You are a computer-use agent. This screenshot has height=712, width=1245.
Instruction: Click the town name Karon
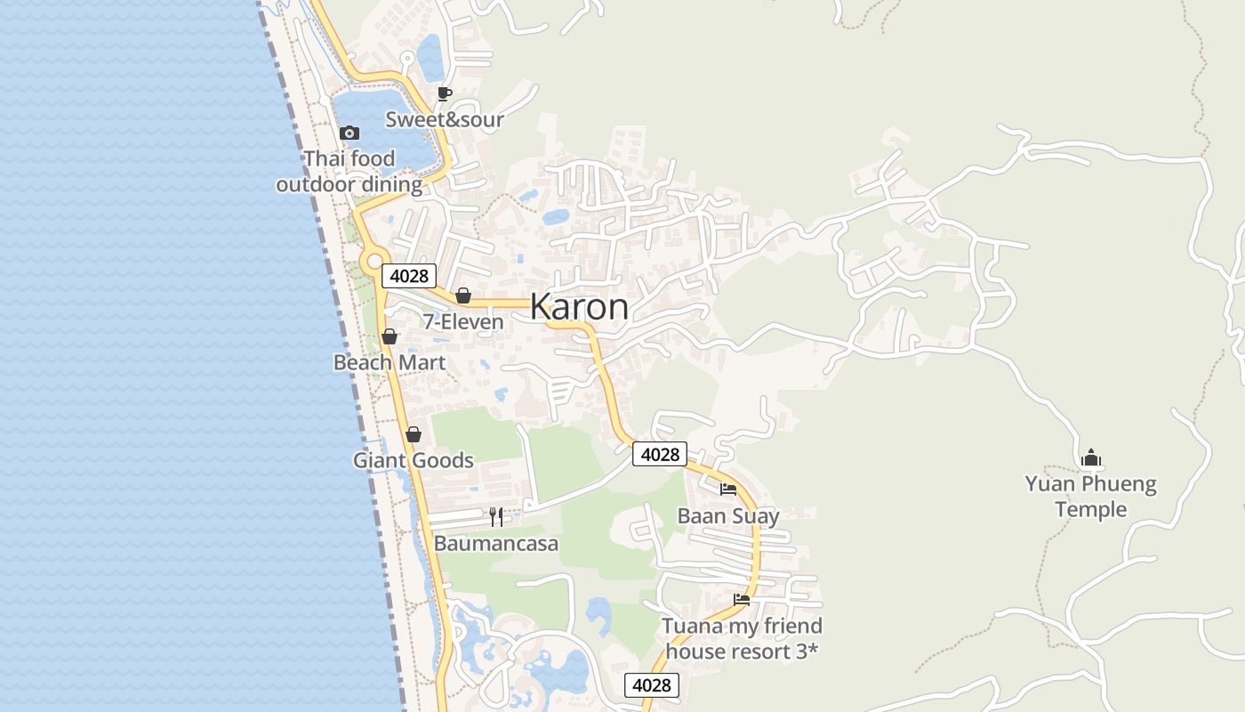[x=579, y=307]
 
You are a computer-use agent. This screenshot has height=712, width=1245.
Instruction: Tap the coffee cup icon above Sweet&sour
[x=445, y=93]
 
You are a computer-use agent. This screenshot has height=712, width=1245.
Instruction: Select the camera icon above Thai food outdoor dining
[x=349, y=133]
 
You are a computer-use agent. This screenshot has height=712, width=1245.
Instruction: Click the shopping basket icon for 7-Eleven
[x=463, y=295]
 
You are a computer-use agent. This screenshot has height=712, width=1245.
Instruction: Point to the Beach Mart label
[x=390, y=362]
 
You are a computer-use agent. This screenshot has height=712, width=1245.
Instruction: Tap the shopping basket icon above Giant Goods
[x=414, y=434]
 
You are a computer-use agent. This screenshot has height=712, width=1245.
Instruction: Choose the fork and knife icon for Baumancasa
[x=496, y=516]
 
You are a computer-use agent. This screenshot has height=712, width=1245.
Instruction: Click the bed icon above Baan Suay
[x=728, y=489]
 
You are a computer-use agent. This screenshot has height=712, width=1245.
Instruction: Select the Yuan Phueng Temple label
[x=1090, y=497]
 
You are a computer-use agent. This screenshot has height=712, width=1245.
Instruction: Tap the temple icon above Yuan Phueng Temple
[x=1091, y=458]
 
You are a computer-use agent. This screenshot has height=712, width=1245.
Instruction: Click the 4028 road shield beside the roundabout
[x=409, y=276]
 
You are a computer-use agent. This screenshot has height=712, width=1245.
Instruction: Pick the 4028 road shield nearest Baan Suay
[x=660, y=454]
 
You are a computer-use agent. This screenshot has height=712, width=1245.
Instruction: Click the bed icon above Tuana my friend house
[x=742, y=599]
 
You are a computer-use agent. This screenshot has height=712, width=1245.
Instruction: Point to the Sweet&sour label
[x=445, y=119]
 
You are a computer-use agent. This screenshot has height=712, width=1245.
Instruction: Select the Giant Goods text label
[x=414, y=460]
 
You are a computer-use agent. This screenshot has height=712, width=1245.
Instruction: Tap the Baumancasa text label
[x=496, y=543]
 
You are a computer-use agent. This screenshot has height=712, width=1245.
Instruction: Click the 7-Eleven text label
[x=463, y=321]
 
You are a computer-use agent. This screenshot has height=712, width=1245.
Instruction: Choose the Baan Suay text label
[x=728, y=516]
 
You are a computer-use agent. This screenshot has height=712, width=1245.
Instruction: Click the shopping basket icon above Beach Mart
[x=390, y=336]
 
